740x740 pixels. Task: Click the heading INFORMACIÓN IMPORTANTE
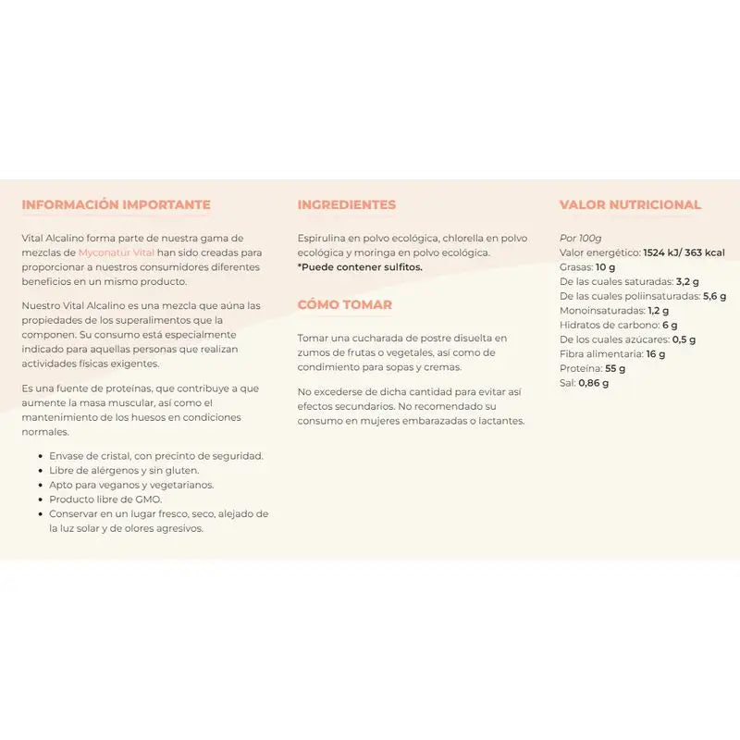[116, 205]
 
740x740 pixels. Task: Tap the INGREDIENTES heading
[346, 205]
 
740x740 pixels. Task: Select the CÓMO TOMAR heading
[344, 305]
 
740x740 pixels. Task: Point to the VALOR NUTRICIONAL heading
[630, 205]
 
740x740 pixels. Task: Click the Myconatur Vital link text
[117, 253]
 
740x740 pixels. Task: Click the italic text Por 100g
[580, 238]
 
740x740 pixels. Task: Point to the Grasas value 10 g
[606, 266]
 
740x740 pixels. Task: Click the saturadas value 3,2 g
[687, 281]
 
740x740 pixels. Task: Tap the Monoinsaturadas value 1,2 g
[659, 310]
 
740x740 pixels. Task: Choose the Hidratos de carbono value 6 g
[670, 325]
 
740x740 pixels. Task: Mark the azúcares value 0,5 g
[684, 339]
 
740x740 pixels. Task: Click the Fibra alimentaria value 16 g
[656, 353]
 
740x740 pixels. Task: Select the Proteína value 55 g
[616, 368]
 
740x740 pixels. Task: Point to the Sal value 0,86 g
[593, 383]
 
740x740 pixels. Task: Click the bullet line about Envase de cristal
[156, 455]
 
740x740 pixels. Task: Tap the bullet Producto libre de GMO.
[105, 499]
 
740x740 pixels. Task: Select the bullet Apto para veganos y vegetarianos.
[131, 485]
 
